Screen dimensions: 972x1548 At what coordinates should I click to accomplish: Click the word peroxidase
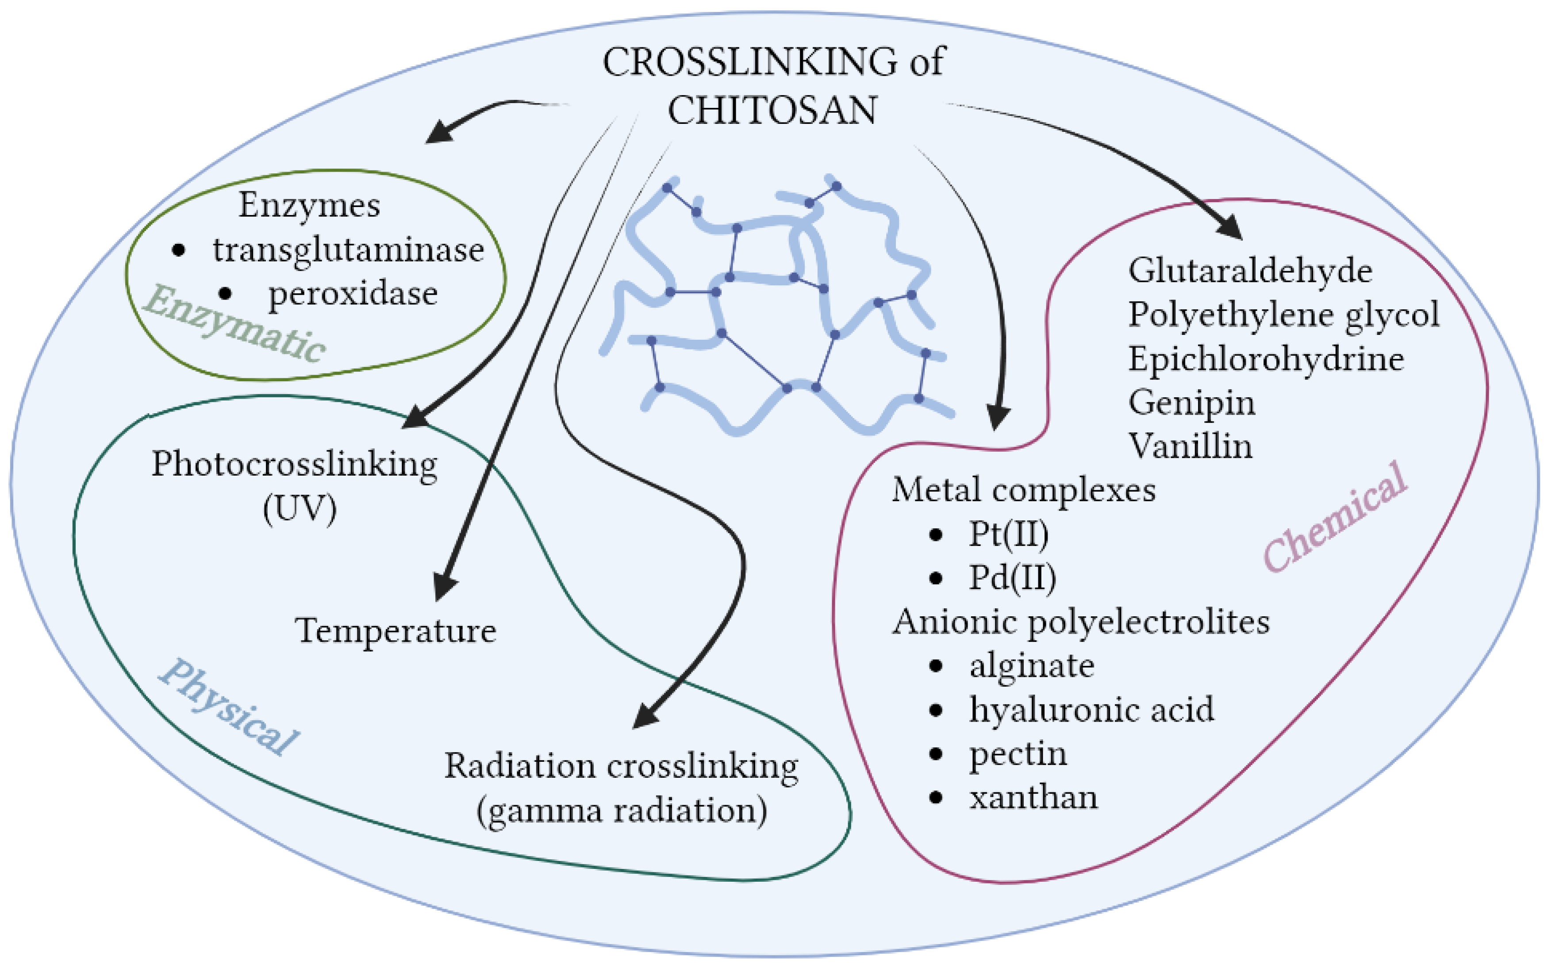tap(352, 294)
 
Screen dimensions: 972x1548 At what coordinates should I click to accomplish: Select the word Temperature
tap(396, 630)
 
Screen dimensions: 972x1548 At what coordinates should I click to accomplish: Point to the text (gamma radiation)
tap(622, 810)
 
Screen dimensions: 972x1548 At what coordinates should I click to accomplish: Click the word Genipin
tap(1191, 403)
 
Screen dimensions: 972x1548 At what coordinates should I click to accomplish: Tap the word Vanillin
tap(1191, 446)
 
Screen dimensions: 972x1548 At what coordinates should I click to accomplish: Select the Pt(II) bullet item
tap(1008, 534)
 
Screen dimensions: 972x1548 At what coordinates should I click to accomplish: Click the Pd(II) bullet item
tap(1012, 577)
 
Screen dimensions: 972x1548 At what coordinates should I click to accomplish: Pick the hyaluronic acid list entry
tap(1091, 710)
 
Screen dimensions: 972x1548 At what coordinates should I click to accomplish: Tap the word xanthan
tap(1033, 797)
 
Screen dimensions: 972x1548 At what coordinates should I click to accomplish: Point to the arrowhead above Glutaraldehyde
tap(1229, 226)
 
